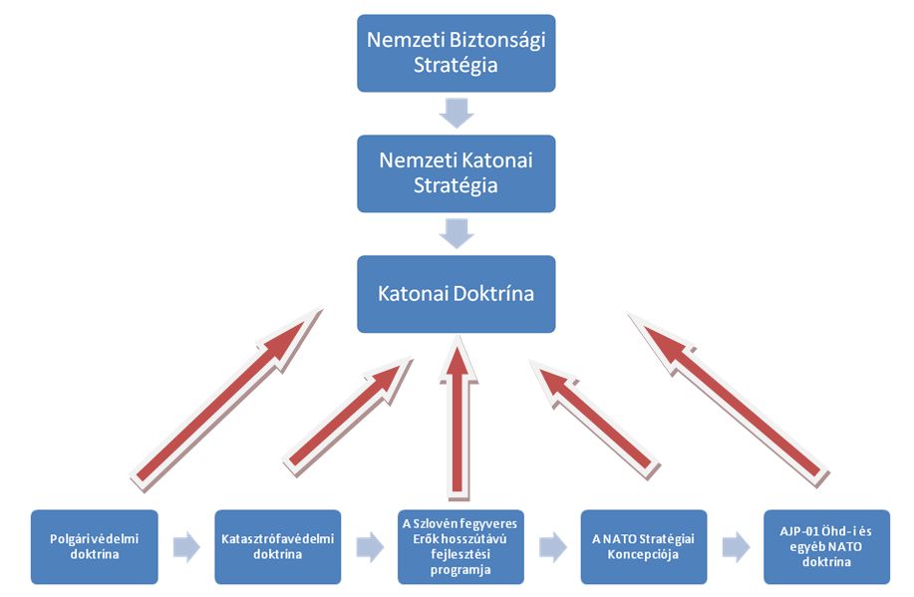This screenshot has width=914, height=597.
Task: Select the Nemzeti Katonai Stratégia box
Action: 456,172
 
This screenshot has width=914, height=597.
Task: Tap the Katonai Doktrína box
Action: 456,294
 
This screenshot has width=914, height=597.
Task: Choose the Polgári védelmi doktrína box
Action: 95,546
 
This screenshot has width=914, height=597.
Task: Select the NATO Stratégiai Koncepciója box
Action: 645,546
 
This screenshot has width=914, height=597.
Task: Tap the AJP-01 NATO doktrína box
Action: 826,546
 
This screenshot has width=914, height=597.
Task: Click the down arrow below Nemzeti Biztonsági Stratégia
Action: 456,113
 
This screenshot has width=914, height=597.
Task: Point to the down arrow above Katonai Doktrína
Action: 456,233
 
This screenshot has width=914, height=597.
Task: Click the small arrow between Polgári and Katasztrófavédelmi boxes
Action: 186,546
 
